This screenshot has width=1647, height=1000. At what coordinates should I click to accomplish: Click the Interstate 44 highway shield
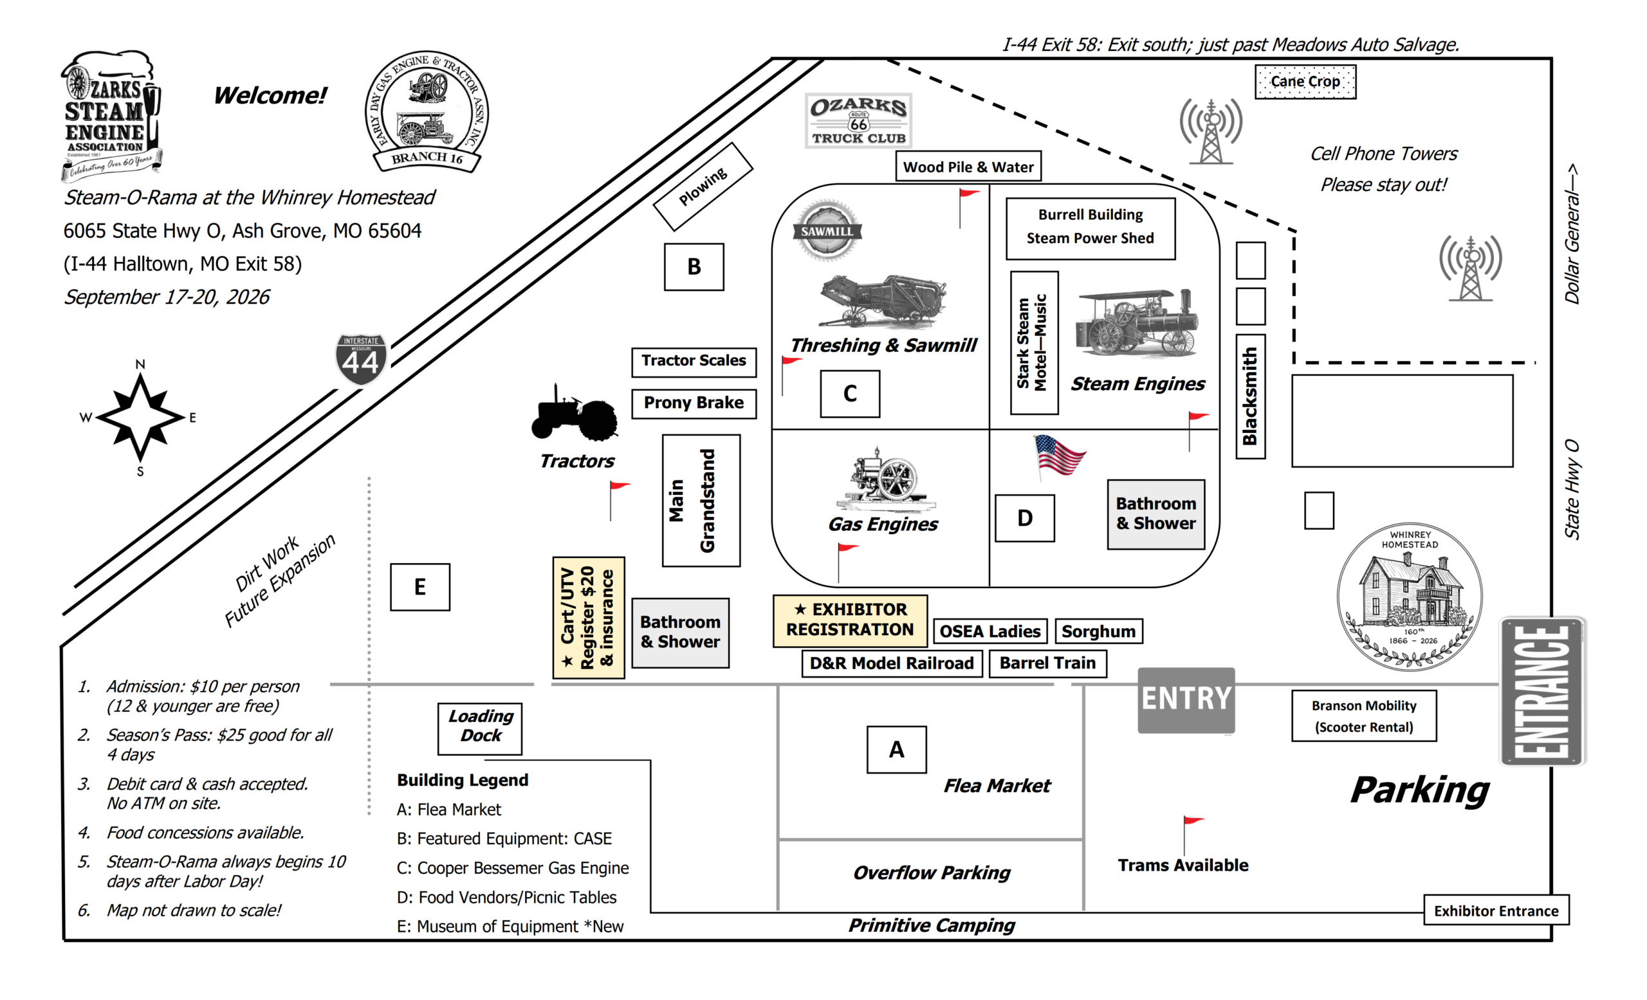tap(361, 360)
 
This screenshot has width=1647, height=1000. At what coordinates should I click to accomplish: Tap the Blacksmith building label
tap(1250, 396)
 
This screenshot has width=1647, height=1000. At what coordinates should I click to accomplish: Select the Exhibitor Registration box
tap(850, 620)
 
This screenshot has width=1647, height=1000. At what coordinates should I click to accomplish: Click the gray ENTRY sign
tap(1186, 700)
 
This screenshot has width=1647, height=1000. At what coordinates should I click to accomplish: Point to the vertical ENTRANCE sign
tap(1542, 691)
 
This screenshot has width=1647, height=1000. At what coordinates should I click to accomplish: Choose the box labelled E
tap(419, 587)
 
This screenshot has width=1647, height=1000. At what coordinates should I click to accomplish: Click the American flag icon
tap(1059, 456)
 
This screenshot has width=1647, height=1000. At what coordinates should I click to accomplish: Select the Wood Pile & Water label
tap(968, 167)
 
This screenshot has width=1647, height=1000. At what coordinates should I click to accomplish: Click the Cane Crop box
tap(1305, 82)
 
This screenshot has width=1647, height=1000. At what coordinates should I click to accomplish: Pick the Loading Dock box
tap(480, 728)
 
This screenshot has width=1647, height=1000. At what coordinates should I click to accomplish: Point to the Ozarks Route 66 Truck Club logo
tap(858, 121)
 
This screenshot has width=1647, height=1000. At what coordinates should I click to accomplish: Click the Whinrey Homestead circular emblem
tap(1410, 597)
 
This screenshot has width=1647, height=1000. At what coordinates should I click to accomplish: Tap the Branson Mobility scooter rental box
tap(1363, 716)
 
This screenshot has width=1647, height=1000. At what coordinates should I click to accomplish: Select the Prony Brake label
tap(694, 403)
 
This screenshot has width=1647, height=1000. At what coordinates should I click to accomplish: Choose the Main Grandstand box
tap(701, 501)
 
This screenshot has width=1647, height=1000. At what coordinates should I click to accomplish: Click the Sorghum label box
tap(1098, 631)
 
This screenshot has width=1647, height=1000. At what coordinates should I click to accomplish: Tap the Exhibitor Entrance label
tap(1496, 911)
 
